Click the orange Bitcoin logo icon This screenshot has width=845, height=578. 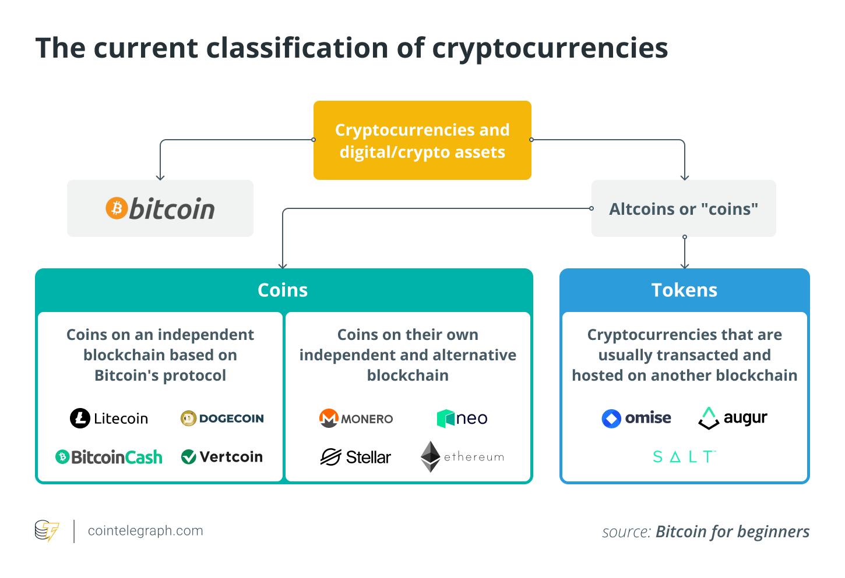pyautogui.click(x=117, y=208)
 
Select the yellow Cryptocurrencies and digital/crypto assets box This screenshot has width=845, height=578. pyautogui.click(x=422, y=140)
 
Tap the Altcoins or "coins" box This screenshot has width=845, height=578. pyautogui.click(x=683, y=208)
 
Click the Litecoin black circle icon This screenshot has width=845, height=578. pyautogui.click(x=80, y=418)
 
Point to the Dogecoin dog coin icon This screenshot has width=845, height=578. pyautogui.click(x=188, y=418)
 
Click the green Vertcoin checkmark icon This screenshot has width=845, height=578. pyautogui.click(x=188, y=457)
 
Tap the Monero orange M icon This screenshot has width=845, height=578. pyautogui.click(x=329, y=418)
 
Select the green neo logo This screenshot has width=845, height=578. pyautogui.click(x=462, y=418)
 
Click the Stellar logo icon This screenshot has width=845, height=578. pyautogui.click(x=330, y=457)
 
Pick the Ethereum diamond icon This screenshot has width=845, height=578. pyautogui.click(x=431, y=456)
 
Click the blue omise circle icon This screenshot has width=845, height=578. pyautogui.click(x=611, y=418)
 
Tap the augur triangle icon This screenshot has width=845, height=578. pyautogui.click(x=709, y=418)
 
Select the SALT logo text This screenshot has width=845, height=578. pyautogui.click(x=684, y=457)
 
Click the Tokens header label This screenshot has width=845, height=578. pyautogui.click(x=684, y=290)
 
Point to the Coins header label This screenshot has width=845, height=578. pyautogui.click(x=283, y=290)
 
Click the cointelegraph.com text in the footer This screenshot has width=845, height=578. pyautogui.click(x=145, y=531)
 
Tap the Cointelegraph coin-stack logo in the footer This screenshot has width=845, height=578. pyautogui.click(x=47, y=530)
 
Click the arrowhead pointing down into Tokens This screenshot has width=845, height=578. pyautogui.click(x=685, y=266)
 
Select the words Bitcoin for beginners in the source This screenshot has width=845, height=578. pyautogui.click(x=733, y=531)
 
